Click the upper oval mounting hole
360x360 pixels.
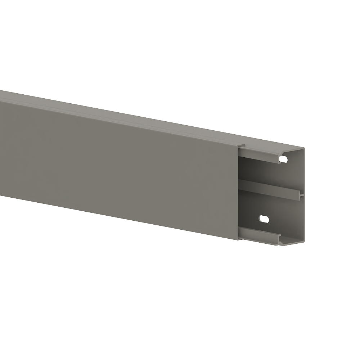coord(284,158)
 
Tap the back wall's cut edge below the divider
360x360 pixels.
coord(303,220)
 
